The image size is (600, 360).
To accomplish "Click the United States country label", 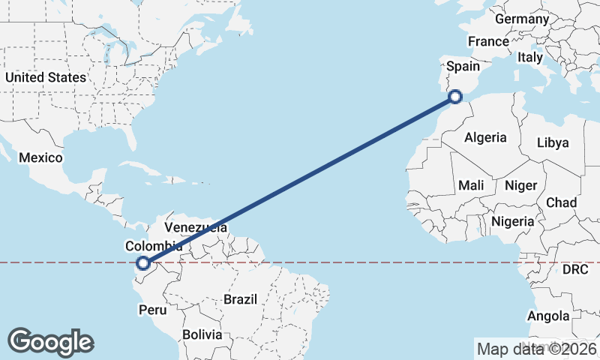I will tap(45, 77).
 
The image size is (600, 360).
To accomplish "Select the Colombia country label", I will tap(154, 246).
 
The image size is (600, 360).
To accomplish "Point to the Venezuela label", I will tap(196, 226).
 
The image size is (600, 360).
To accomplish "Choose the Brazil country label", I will tap(240, 299).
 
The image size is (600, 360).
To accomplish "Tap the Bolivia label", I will tap(202, 334).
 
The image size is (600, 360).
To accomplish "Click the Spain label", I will tap(463, 67).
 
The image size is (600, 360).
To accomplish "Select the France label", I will tap(488, 42).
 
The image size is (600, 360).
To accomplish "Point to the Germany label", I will tap(522, 19).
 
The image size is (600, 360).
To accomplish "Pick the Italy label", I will tap(530, 57).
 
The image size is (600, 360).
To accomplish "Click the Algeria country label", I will tap(485, 138).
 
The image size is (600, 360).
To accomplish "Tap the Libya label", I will tap(553, 142).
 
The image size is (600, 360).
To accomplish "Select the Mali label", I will tap(471, 185).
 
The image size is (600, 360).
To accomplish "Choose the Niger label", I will tap(521, 185).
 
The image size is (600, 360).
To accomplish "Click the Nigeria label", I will tap(513, 221).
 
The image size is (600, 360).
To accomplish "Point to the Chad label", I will tap(561, 203).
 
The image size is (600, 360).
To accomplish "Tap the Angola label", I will tap(548, 316).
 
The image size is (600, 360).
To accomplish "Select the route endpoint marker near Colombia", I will tap(142, 262).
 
